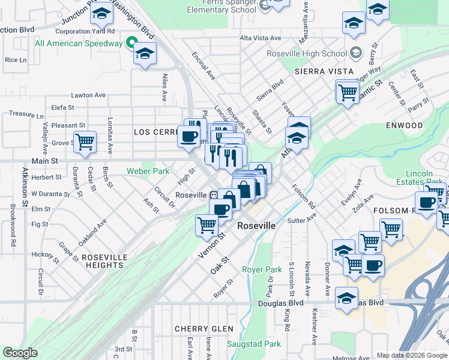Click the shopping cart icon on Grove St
pyautogui.click(x=85, y=142)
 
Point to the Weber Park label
pyautogui.click(x=148, y=171)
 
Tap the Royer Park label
pyautogui.click(x=262, y=269)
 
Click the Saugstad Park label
pyautogui.click(x=254, y=344)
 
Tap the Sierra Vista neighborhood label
pyautogui.click(x=318, y=71)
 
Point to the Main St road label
pyautogui.click(x=46, y=161)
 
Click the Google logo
pyautogui.click(x=20, y=353)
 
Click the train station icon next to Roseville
pyautogui.click(x=213, y=196)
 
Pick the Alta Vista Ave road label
pyautogui.click(x=261, y=38)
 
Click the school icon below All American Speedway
pyautogui.click(x=145, y=53)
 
